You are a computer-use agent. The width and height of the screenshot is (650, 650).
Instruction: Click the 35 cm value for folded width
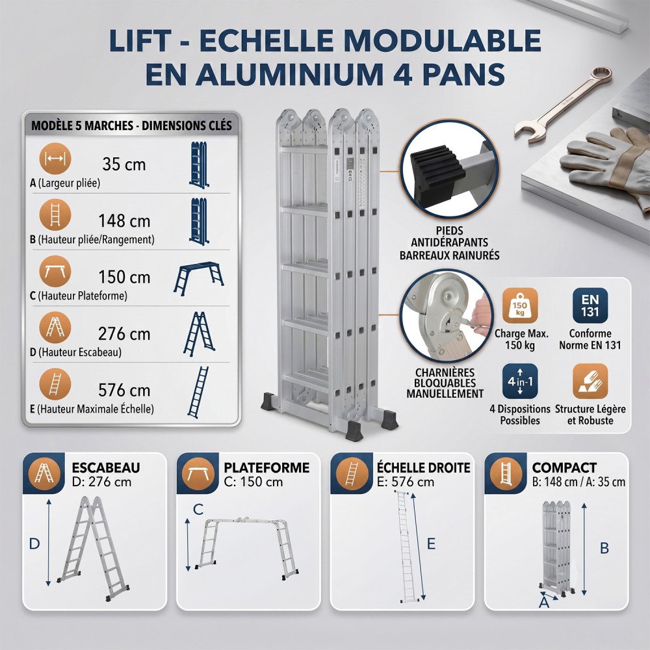click(x=124, y=164)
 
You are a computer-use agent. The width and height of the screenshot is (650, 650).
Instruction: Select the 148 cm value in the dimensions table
click(x=124, y=221)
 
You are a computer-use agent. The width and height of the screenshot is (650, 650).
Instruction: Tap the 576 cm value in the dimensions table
click(x=124, y=390)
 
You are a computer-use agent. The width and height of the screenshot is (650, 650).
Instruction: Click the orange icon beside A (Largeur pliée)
click(x=55, y=159)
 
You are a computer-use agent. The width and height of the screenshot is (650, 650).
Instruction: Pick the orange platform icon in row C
click(x=55, y=272)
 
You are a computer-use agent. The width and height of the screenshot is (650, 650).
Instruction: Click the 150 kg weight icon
click(x=520, y=305)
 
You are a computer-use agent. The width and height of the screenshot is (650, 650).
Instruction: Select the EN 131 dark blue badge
click(x=590, y=305)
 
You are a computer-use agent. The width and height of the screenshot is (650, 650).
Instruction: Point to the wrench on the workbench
click(x=562, y=105)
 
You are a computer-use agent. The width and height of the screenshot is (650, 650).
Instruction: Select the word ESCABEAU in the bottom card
click(x=106, y=467)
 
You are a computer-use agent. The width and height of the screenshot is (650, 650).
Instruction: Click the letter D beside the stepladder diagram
click(x=34, y=543)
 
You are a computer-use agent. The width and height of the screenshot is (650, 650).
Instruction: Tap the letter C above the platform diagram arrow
click(x=198, y=510)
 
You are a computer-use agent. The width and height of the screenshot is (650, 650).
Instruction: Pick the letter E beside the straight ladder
click(x=431, y=543)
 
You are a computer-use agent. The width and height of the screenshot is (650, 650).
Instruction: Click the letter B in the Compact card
click(x=604, y=548)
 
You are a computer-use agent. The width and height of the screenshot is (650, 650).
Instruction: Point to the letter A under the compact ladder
click(x=544, y=601)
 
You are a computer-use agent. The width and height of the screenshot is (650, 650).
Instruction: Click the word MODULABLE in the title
click(x=442, y=40)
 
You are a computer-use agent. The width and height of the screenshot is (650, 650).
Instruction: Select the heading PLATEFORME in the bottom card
click(x=266, y=467)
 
